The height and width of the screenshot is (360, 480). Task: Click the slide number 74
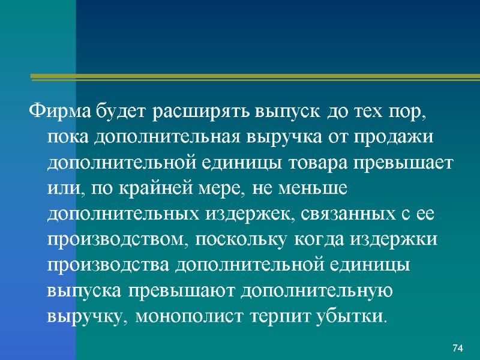coord(458,348)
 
